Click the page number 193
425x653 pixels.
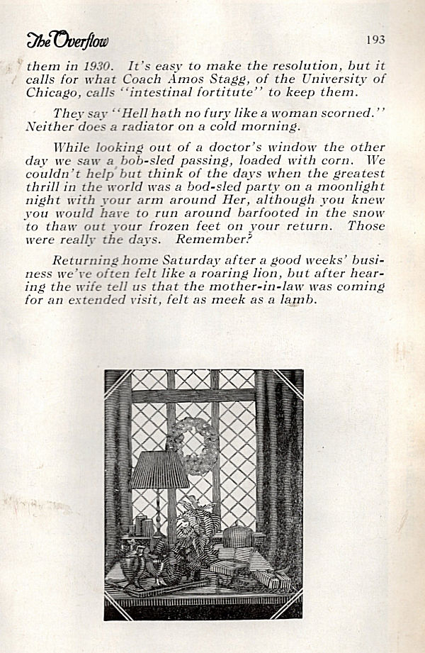click(x=375, y=40)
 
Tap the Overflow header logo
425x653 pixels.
click(x=67, y=40)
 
